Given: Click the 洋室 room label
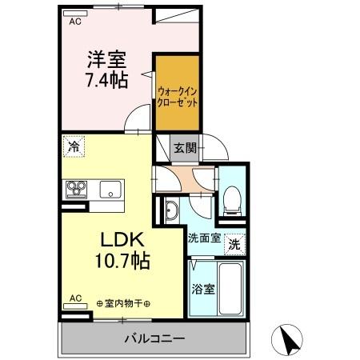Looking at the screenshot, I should click(106, 59).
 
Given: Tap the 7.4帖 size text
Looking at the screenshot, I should click(106, 80).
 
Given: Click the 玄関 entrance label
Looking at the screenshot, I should click(185, 147).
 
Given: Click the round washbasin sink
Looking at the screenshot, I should click(173, 210).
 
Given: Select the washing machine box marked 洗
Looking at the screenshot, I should click(234, 242).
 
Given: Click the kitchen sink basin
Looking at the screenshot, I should click(110, 190).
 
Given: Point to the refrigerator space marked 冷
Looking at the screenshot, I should click(73, 147).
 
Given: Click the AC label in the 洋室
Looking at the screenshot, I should click(75, 22).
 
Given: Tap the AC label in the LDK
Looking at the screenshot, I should click(75, 299).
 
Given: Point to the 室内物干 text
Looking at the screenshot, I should click(128, 303).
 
